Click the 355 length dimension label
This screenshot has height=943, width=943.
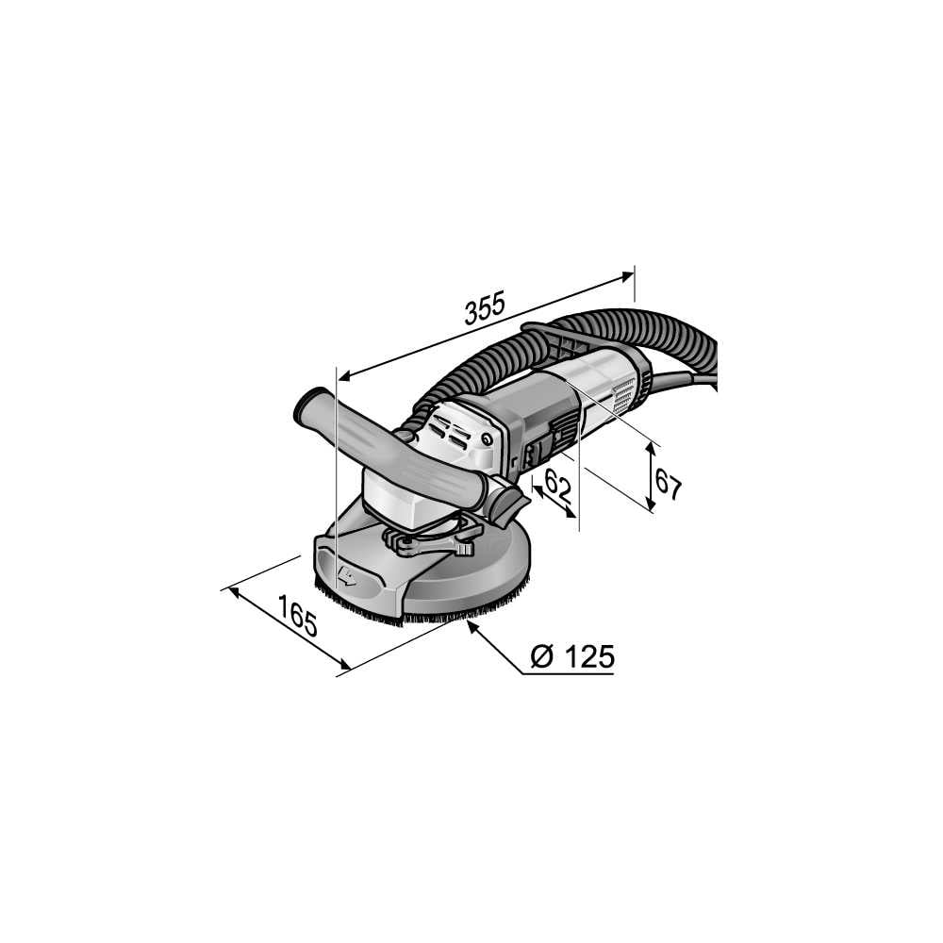tap(485, 307)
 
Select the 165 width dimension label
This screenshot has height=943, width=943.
tap(298, 615)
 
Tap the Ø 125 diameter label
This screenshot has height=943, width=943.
tap(572, 656)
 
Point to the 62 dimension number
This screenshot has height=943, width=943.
tap(557, 485)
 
